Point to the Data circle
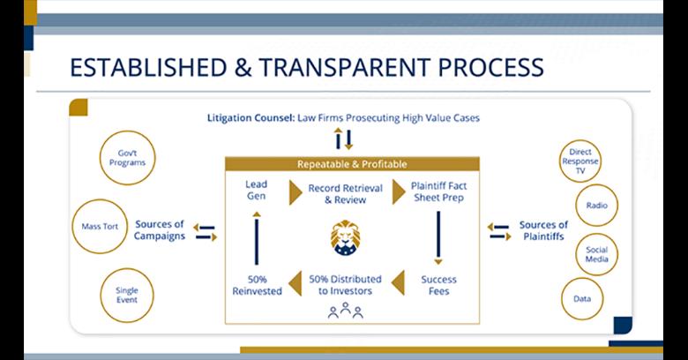coord(581,298)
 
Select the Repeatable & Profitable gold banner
coord(351,163)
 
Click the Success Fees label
coord(438,284)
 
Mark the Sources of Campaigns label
coord(160,230)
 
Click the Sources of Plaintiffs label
coord(542,230)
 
